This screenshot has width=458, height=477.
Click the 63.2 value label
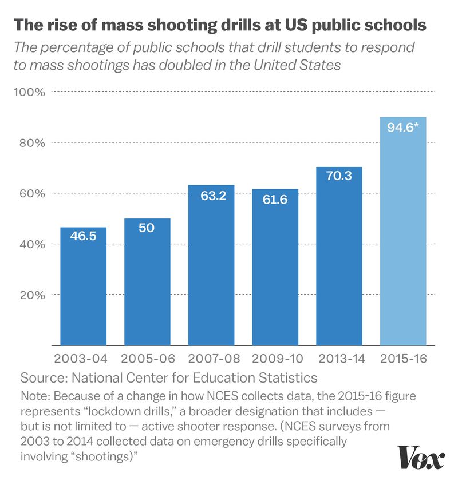[x=211, y=194]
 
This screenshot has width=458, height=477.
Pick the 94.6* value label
[x=403, y=127]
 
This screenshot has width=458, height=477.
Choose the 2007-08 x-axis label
[x=211, y=360]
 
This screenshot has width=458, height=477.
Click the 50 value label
[x=147, y=228]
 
